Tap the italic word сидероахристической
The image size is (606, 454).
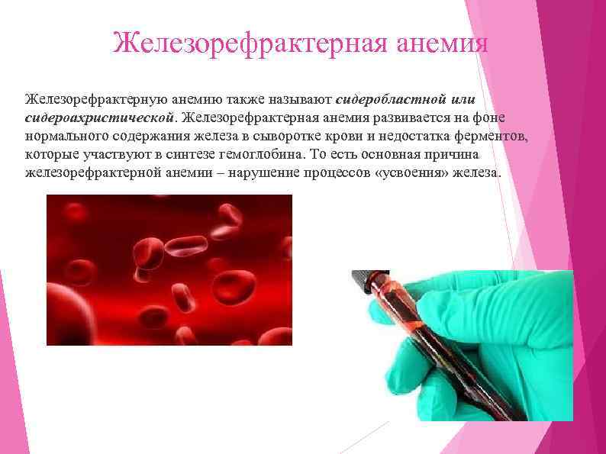click(x=100, y=118)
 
